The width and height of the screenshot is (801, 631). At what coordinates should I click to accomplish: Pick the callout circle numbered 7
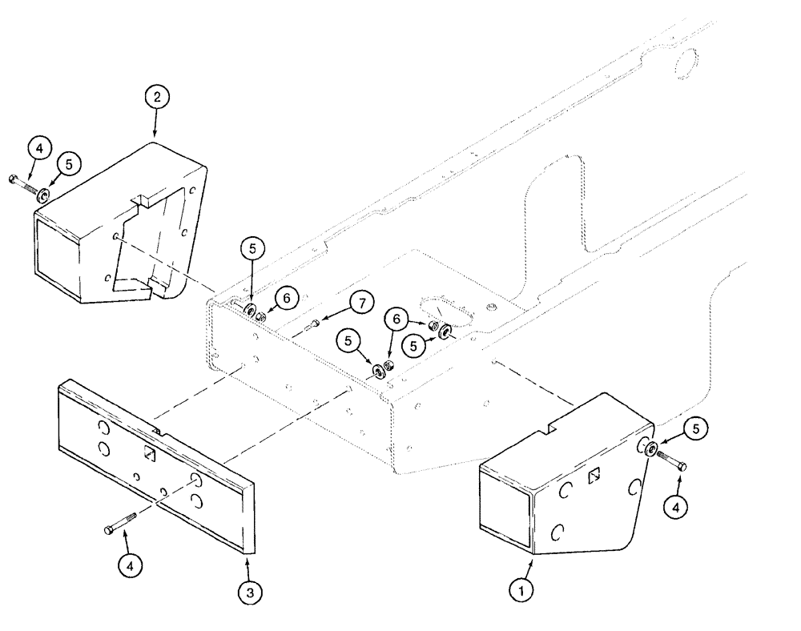coord(361,303)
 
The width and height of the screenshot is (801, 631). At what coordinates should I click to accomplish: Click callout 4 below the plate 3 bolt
coord(131,564)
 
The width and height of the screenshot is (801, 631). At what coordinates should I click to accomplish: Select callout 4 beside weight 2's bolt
coord(40,149)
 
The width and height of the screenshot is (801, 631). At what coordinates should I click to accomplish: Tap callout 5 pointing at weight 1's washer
coord(695,429)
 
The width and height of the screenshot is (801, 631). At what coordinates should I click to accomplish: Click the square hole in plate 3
coord(149,453)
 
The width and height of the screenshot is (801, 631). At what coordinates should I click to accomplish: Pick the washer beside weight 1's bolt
coord(653,449)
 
